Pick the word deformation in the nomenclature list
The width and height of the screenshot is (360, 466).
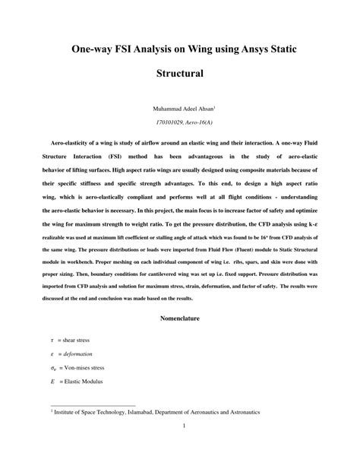[77, 354]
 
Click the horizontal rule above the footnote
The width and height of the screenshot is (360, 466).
[92, 405]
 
